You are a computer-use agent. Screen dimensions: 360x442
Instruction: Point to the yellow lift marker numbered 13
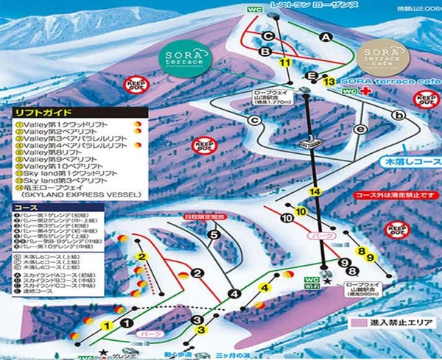click(329, 81)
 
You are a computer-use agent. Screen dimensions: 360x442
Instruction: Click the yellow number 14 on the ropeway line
click(316, 191)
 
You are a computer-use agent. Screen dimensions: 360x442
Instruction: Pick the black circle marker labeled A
click(326, 36)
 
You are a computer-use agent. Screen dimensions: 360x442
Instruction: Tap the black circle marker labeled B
click(264, 50)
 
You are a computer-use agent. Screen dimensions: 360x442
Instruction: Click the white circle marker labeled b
click(399, 115)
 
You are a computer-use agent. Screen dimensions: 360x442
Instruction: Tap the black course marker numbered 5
click(213, 235)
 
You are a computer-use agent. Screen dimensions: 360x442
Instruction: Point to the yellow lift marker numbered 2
click(138, 255)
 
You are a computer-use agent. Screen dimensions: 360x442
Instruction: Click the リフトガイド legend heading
click(43, 112)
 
